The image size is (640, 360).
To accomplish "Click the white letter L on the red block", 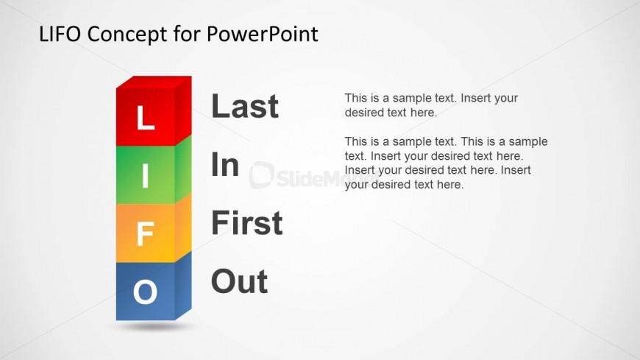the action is [x=146, y=118].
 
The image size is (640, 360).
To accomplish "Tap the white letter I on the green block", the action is [x=146, y=176].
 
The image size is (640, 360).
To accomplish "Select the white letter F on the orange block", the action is [x=146, y=233].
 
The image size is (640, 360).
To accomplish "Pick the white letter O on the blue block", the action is [x=146, y=292].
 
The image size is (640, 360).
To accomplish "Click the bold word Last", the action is [x=245, y=106].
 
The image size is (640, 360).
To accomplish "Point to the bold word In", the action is [x=225, y=164].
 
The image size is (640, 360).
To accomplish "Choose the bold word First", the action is [x=247, y=223].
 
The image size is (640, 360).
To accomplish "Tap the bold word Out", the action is [x=240, y=281].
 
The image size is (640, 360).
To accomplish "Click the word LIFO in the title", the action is [x=60, y=34].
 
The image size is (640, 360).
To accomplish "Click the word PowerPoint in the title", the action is [x=262, y=34].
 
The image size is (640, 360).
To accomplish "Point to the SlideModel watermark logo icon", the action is [x=261, y=175].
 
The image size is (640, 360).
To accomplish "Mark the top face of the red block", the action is [x=154, y=82].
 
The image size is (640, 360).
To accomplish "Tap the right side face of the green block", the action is [x=183, y=169].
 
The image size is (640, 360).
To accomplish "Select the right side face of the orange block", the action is [x=183, y=227].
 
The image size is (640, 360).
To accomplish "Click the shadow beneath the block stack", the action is [x=153, y=326].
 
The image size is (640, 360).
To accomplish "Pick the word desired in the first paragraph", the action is [x=360, y=113].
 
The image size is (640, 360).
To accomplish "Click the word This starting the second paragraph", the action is [x=356, y=141].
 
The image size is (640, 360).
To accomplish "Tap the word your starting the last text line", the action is [x=356, y=185].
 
